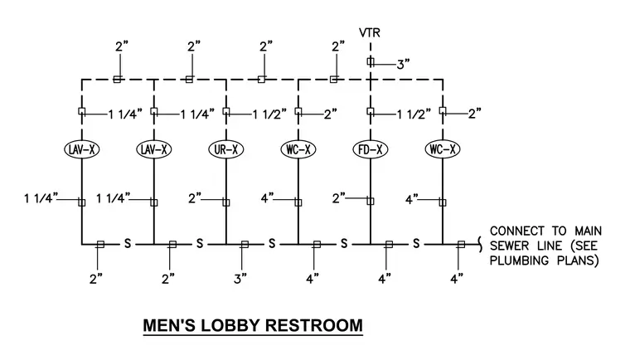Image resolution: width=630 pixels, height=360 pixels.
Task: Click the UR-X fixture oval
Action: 226,149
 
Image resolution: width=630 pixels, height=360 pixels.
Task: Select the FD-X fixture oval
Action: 371,149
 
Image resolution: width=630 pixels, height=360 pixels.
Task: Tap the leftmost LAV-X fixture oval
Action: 82,149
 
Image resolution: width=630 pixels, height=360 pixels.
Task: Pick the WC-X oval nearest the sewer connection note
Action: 443,149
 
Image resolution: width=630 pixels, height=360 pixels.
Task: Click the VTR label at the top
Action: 369,32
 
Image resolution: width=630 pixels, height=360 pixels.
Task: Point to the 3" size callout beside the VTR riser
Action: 403,65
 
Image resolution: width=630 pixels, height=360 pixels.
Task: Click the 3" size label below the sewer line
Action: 240,279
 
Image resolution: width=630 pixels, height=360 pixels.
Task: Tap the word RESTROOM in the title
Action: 314,325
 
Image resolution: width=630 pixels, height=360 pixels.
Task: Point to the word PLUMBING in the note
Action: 519,260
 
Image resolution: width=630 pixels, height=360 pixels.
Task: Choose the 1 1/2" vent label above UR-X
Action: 269,114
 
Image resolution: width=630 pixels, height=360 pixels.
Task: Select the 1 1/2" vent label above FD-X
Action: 414,114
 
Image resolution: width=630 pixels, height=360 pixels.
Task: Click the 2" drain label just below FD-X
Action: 339,198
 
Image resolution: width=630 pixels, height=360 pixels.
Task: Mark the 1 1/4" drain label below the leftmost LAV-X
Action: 41,198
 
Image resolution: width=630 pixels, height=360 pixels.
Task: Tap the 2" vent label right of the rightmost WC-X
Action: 474,114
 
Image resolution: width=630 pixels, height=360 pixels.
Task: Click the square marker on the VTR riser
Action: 371,61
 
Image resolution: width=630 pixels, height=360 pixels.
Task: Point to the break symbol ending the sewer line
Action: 480,244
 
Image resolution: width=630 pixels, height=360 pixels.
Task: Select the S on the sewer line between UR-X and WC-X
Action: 272,243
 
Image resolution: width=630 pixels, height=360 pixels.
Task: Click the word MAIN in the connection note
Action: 588,231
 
